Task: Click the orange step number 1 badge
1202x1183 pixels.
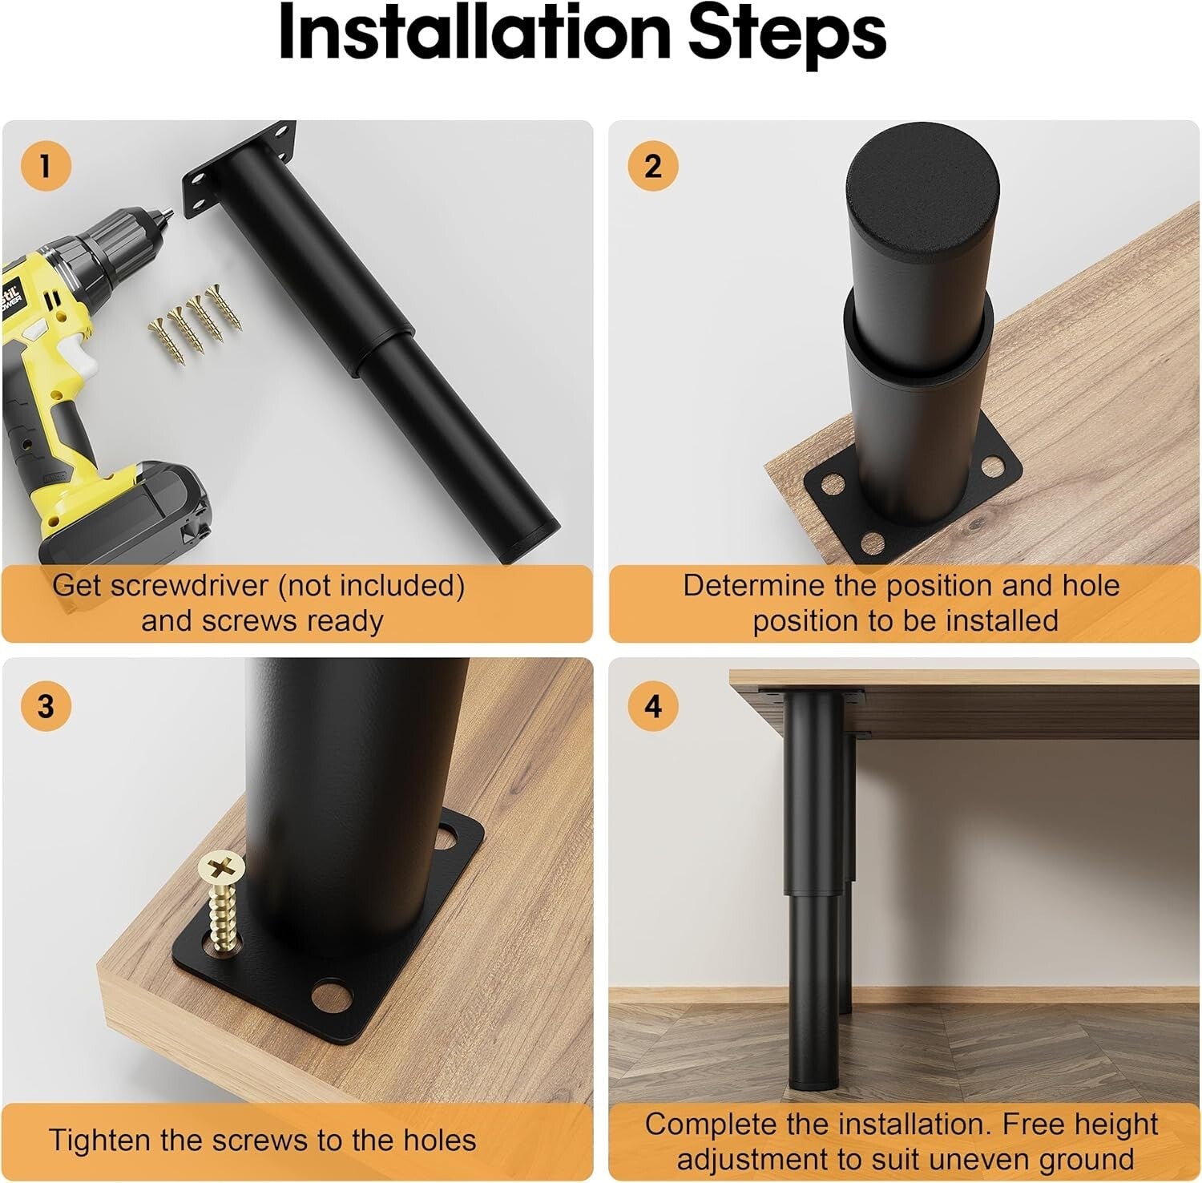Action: click(46, 167)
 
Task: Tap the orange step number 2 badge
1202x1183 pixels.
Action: click(653, 167)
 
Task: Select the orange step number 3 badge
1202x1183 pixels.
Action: click(46, 706)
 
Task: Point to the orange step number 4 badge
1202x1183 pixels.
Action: click(653, 706)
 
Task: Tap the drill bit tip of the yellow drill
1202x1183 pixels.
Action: click(169, 214)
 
